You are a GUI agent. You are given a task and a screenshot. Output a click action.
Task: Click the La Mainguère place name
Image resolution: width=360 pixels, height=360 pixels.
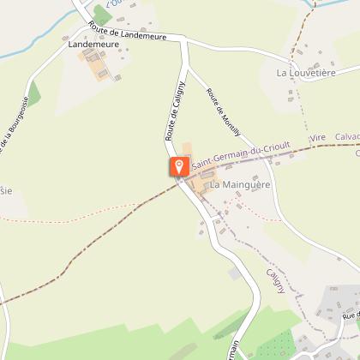[240, 184]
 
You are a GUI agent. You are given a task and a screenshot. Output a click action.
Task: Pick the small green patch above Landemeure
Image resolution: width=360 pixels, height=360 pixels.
[102, 15]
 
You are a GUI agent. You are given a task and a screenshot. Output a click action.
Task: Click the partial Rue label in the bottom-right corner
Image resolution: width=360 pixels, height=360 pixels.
[350, 317]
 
